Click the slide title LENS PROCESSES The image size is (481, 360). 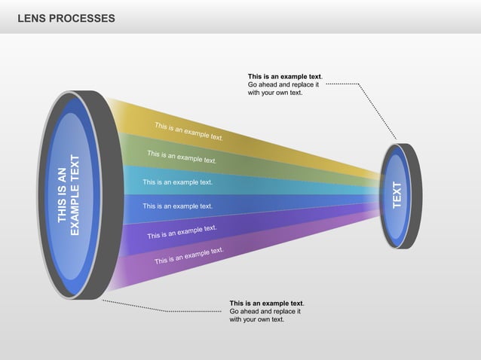click(66, 17)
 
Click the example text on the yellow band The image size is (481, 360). click(188, 132)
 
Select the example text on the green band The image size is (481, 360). click(182, 157)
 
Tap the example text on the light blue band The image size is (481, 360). click(177, 182)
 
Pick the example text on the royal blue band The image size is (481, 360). click(177, 206)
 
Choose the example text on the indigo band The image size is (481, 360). click(182, 232)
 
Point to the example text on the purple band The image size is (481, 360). click(188, 255)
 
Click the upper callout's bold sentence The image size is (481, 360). click(285, 76)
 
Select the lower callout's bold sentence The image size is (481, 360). click(267, 303)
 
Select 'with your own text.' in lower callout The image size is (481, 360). click(257, 319)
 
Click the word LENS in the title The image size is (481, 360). click(32, 17)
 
